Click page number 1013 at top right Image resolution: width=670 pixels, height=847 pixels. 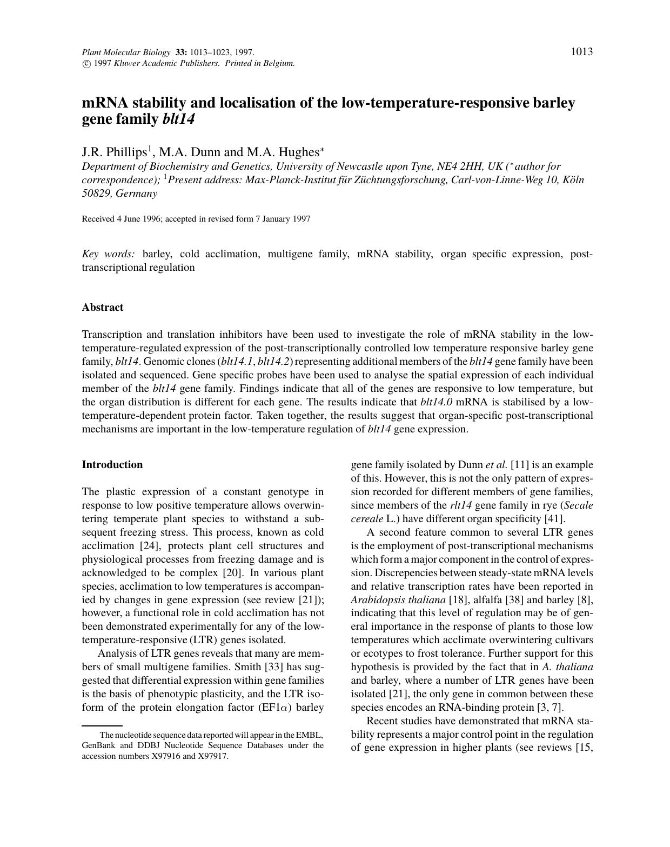click(x=581, y=52)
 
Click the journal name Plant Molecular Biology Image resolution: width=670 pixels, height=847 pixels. click(x=126, y=52)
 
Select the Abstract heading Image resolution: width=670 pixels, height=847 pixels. click(x=103, y=308)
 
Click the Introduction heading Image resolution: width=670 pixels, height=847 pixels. click(x=112, y=465)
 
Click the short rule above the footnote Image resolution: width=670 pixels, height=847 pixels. click(x=102, y=725)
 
